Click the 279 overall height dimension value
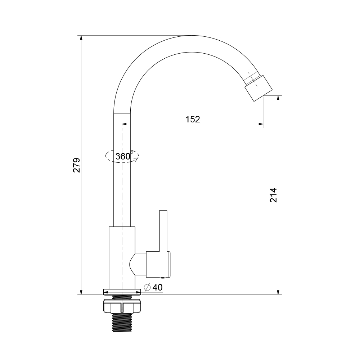pos(76,165)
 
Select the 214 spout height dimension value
pos(273,195)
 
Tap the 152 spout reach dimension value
pos(193,119)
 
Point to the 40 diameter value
pos(158,287)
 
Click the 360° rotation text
pos(124,156)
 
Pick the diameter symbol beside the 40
pos(147,287)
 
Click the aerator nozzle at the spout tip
pos(258,88)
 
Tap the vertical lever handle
pos(163,230)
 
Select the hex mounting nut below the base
pos(122,306)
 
